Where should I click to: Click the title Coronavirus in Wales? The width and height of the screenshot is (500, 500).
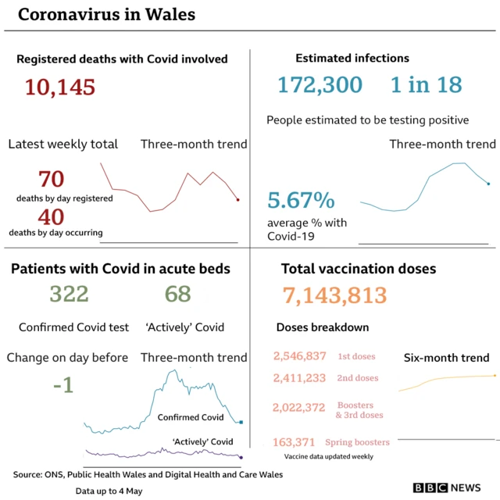click(106, 15)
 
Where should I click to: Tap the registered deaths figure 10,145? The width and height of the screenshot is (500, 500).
click(60, 87)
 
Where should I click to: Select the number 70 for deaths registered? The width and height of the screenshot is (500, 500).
click(51, 180)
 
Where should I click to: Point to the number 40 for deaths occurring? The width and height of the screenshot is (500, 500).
click(51, 217)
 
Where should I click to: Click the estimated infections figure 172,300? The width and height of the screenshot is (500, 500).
click(320, 84)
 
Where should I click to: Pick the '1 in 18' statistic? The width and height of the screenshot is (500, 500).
click(427, 84)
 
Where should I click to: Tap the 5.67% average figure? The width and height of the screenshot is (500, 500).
click(301, 201)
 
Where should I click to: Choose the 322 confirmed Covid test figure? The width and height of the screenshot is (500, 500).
click(69, 294)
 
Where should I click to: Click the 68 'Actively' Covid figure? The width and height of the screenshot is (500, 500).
click(178, 294)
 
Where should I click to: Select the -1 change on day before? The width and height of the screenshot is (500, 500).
click(63, 385)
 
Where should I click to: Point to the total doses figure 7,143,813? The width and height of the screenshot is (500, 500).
click(334, 295)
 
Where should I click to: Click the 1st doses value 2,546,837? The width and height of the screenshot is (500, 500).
click(299, 356)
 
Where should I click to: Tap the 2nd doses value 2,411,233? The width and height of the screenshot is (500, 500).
click(299, 378)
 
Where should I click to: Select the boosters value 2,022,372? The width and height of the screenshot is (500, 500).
click(299, 407)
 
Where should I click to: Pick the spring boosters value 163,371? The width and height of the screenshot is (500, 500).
click(295, 442)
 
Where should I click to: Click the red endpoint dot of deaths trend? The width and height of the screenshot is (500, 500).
click(238, 200)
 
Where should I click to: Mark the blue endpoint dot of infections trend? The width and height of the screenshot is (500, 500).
click(488, 184)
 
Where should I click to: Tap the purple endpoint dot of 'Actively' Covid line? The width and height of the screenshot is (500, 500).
click(241, 457)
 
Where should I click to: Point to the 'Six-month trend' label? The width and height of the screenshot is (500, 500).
click(446, 358)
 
